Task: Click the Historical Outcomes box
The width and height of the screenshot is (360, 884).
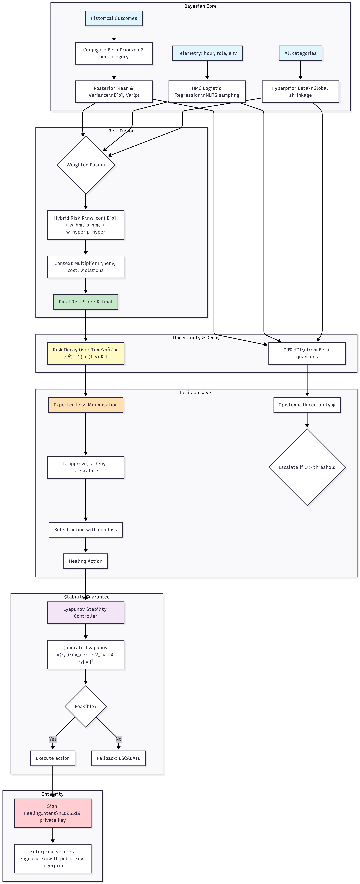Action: click(x=114, y=18)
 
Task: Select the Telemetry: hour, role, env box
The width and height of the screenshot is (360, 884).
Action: click(x=207, y=53)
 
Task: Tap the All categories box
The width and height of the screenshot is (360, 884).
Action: click(x=300, y=53)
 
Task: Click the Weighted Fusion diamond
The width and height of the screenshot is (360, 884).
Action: click(x=85, y=165)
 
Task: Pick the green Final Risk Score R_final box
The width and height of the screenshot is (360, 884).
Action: click(x=85, y=302)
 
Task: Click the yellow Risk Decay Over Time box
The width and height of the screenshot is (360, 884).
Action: click(x=85, y=353)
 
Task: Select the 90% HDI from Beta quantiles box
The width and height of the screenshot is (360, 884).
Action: click(x=307, y=353)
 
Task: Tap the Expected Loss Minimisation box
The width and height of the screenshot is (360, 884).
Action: click(x=85, y=405)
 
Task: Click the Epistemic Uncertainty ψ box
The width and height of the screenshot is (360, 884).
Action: click(x=307, y=405)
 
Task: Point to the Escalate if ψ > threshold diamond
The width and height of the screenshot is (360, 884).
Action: click(x=307, y=467)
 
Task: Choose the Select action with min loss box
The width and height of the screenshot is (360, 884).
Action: click(x=85, y=530)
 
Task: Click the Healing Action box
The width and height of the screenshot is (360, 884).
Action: click(x=85, y=561)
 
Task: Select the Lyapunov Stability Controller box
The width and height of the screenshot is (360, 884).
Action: click(x=85, y=613)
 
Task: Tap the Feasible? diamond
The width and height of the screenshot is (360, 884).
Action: click(x=85, y=706)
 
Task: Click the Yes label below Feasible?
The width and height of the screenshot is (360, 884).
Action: click(x=52, y=739)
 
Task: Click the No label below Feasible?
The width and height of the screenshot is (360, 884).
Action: click(x=118, y=739)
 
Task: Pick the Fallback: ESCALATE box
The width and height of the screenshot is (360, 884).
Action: click(x=118, y=758)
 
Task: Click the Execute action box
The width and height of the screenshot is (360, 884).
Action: click(x=52, y=758)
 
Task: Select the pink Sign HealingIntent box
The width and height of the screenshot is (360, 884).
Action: click(x=52, y=813)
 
